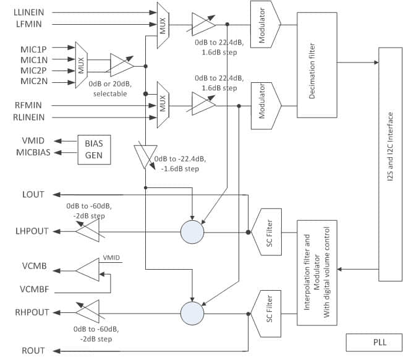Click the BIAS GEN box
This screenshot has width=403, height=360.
tap(93, 149)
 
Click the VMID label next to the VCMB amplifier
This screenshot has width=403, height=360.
tap(112, 256)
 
